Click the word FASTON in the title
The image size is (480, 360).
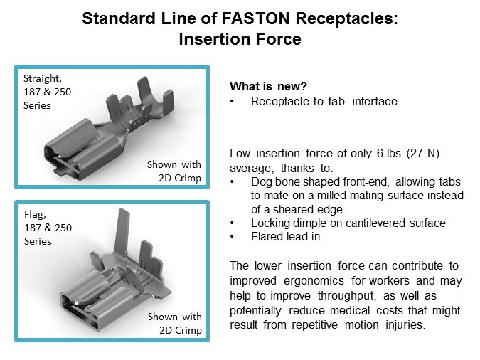pos(255,18)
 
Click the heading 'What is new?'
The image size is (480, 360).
pos(268,86)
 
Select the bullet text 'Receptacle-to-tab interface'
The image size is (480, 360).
pos(324,101)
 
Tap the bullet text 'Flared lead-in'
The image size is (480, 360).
pos(285,236)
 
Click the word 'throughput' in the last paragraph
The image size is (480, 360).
pos(346,296)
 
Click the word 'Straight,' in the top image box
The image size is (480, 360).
pos(43,78)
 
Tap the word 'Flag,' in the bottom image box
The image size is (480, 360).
pos(36,214)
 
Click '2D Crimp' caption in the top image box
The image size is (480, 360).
pos(180,178)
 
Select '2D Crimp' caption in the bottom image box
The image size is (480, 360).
pos(181,330)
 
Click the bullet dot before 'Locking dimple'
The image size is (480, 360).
pos(232,223)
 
